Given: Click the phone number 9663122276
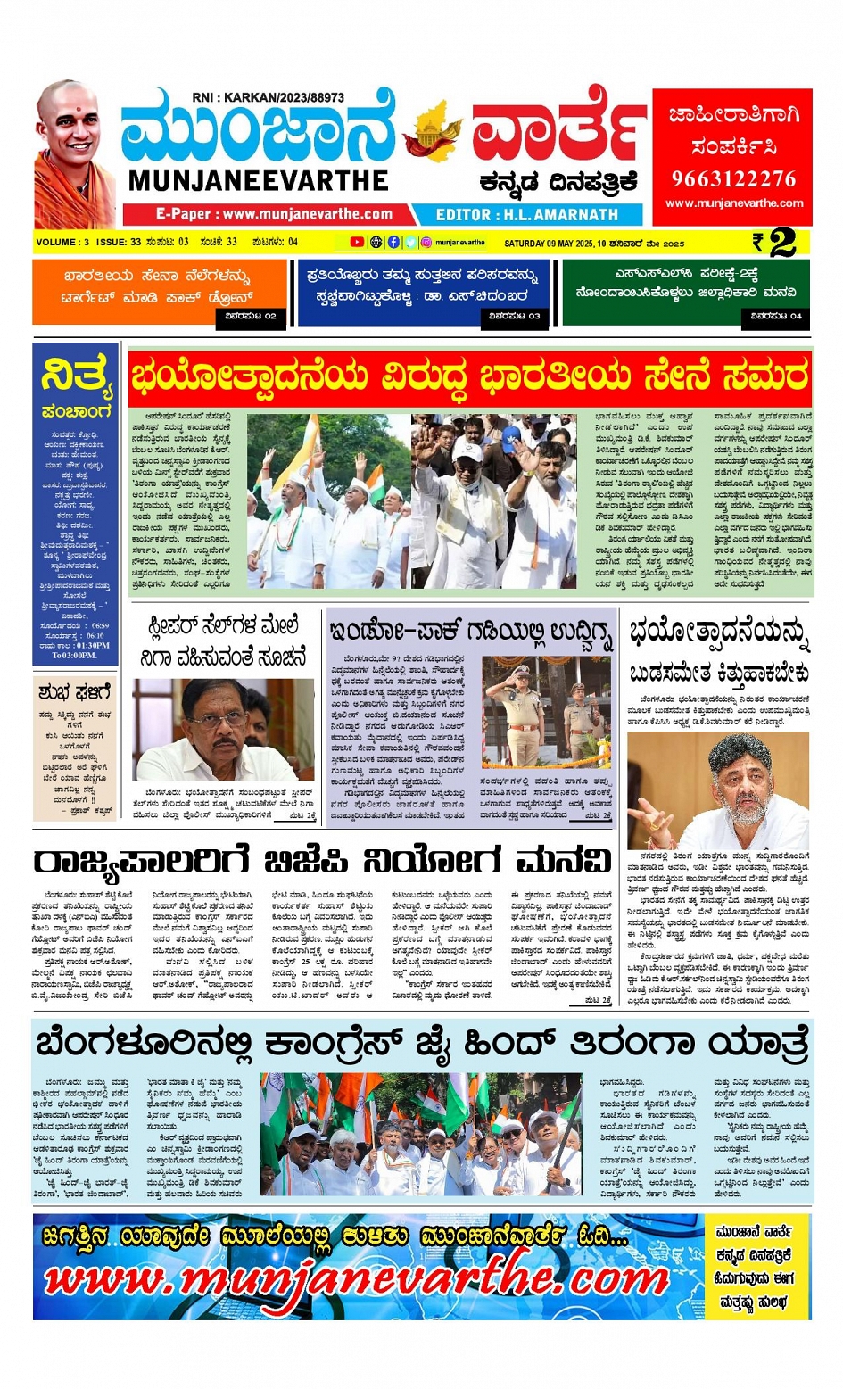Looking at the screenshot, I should click(733, 178).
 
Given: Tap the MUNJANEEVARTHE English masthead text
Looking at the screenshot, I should click(258, 181).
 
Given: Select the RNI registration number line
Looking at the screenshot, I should click(268, 97).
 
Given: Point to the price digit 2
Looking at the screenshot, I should click(782, 243).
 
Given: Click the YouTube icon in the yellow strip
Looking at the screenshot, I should click(357, 242).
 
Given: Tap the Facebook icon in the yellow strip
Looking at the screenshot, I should click(393, 242).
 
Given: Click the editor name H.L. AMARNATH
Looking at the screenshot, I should click(561, 215).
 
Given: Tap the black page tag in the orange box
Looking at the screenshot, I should click(251, 316).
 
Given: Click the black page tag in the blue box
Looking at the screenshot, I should click(516, 316).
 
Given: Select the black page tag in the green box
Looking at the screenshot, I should click(776, 316).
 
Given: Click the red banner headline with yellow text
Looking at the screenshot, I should click(470, 376).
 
